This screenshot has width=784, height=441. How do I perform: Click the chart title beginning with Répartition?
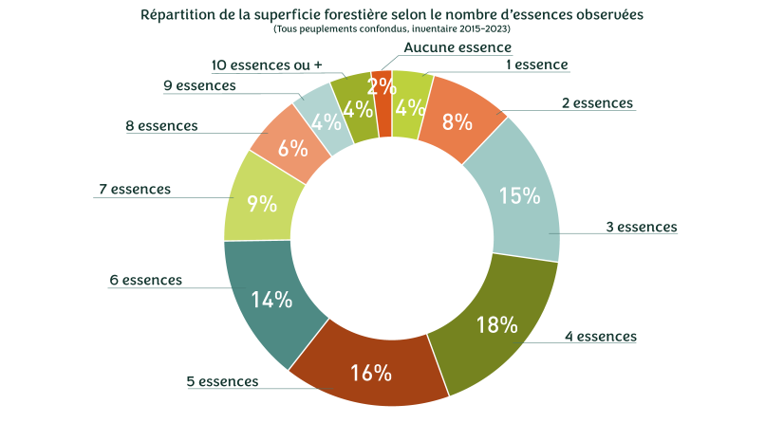(x=391, y=15)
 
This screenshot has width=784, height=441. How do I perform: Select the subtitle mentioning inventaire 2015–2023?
(x=391, y=29)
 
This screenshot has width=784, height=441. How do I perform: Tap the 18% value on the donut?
(x=496, y=324)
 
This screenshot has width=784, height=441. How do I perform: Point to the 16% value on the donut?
(x=370, y=373)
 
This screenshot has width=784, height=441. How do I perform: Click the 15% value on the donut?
(x=519, y=196)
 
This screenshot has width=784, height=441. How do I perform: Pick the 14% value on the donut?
(x=271, y=300)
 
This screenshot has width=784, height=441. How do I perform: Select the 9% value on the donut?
(x=261, y=202)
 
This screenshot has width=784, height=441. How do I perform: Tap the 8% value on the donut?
(x=457, y=121)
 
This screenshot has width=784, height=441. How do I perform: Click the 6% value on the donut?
(x=291, y=149)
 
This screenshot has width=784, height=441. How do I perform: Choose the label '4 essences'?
(x=601, y=336)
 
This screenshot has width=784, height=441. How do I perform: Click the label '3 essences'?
(x=642, y=227)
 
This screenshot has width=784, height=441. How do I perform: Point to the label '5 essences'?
(x=222, y=381)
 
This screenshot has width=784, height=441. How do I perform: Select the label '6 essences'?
(x=145, y=280)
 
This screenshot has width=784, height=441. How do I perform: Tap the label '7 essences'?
(x=135, y=189)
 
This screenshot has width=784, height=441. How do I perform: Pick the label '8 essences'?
(x=161, y=125)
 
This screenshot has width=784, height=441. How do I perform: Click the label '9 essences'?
(x=199, y=85)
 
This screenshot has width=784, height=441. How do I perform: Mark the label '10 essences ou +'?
(x=267, y=64)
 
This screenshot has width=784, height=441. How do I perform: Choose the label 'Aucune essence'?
(x=457, y=47)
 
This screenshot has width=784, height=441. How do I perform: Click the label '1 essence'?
(x=537, y=64)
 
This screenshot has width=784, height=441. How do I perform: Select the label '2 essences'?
(x=597, y=102)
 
